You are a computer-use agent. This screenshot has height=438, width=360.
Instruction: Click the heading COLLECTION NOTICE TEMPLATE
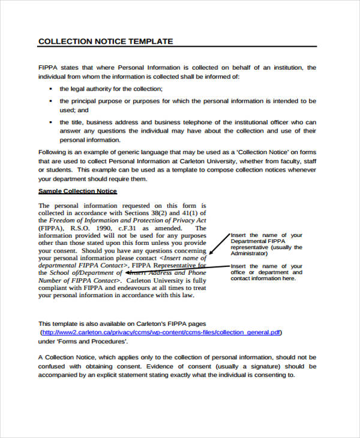tap(106, 41)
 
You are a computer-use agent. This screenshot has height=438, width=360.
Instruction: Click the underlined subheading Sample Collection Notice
tap(77, 191)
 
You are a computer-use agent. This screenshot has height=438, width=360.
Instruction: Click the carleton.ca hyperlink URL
tap(161, 332)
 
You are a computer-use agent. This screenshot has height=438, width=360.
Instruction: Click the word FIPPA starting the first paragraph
tap(48, 68)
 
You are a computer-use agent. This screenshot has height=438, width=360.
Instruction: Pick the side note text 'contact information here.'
tap(263, 278)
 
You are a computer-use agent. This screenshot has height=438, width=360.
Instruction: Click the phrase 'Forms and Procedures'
tap(91, 341)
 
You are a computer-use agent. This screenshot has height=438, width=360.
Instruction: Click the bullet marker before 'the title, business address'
tap(50, 122)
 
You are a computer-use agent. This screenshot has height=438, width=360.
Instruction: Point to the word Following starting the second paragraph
tap(53, 152)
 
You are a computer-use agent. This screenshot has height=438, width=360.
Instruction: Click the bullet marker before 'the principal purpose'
tap(50, 101)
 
